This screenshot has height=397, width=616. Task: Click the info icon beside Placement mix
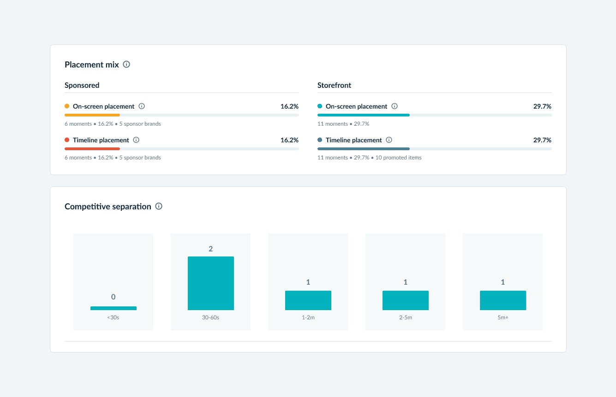click(x=126, y=64)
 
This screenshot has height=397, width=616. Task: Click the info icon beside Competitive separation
click(x=159, y=206)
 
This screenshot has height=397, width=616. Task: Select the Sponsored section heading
click(x=82, y=85)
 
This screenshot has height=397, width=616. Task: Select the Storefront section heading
click(x=334, y=85)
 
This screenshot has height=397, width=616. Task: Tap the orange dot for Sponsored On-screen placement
click(x=67, y=106)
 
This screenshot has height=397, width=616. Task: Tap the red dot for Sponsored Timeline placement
click(x=67, y=140)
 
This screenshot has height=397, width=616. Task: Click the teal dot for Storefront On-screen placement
click(x=320, y=106)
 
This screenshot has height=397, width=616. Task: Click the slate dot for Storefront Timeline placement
click(x=320, y=140)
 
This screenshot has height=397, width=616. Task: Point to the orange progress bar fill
click(x=92, y=115)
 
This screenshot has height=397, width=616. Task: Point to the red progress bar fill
click(x=92, y=149)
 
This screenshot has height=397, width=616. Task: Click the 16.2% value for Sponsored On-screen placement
click(x=289, y=106)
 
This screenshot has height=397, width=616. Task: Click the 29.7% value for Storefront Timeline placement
click(x=542, y=140)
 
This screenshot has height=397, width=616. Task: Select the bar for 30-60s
click(x=211, y=283)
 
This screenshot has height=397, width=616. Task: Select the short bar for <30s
click(x=114, y=308)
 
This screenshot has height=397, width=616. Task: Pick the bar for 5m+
click(x=503, y=300)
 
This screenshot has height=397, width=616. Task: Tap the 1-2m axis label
click(x=308, y=318)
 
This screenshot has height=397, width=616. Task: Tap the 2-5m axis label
click(x=406, y=318)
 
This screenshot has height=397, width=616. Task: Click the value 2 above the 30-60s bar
click(x=211, y=249)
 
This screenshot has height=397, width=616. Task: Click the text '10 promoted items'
click(x=399, y=158)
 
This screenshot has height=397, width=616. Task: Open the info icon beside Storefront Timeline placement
click(x=389, y=140)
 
